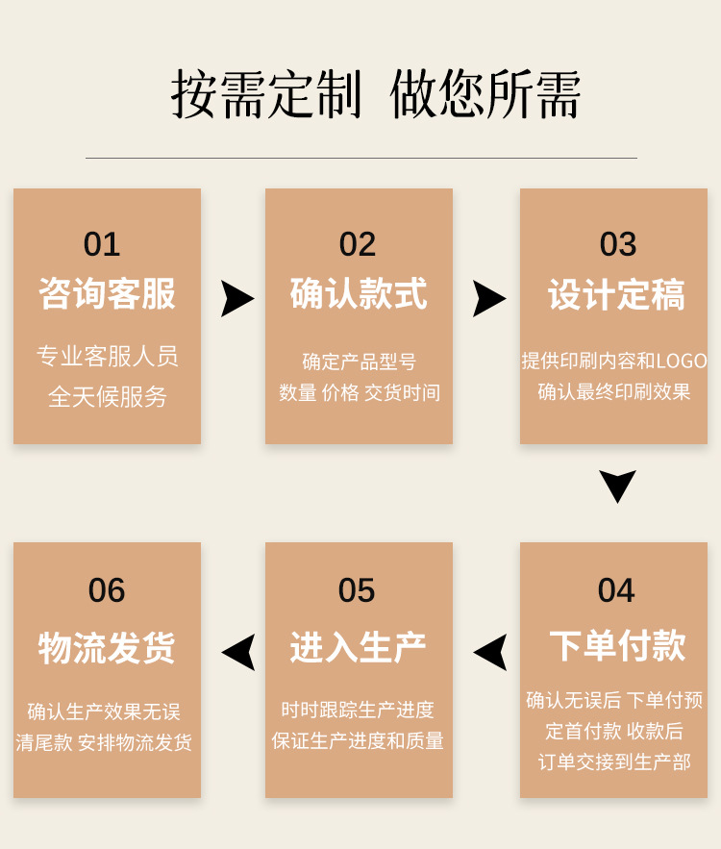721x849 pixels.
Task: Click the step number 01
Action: tap(102, 244)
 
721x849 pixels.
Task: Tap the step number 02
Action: tap(358, 244)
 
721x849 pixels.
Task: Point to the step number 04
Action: tap(616, 590)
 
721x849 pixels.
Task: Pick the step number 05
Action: tap(357, 590)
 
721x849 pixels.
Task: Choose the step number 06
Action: tap(107, 590)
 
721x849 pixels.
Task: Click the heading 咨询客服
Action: tap(107, 294)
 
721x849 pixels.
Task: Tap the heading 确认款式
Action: tap(359, 294)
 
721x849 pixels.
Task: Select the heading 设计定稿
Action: tap(616, 294)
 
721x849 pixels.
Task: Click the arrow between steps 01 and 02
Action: tap(236, 298)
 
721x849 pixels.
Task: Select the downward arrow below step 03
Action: tap(617, 485)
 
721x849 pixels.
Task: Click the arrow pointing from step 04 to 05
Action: tap(491, 652)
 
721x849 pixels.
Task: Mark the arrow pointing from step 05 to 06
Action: tap(239, 652)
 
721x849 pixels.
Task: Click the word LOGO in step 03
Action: tap(682, 362)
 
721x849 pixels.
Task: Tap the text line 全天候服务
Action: tap(108, 396)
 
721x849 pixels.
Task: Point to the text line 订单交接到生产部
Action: tap(614, 762)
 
